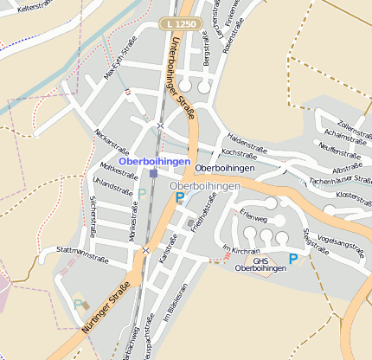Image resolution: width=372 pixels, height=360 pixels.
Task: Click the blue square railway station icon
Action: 153,173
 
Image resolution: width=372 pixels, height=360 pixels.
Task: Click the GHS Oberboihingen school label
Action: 260,264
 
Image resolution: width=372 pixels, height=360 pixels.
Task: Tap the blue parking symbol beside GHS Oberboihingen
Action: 293,258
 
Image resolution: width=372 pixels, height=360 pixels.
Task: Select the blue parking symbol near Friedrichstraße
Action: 180,197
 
